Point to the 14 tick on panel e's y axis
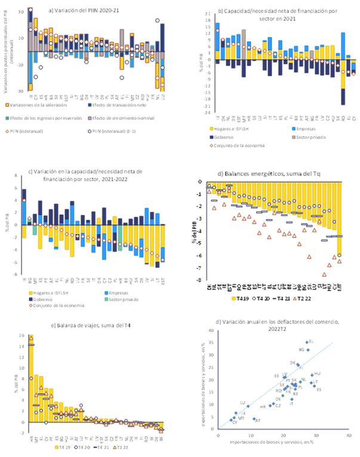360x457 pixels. click(20, 344)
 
